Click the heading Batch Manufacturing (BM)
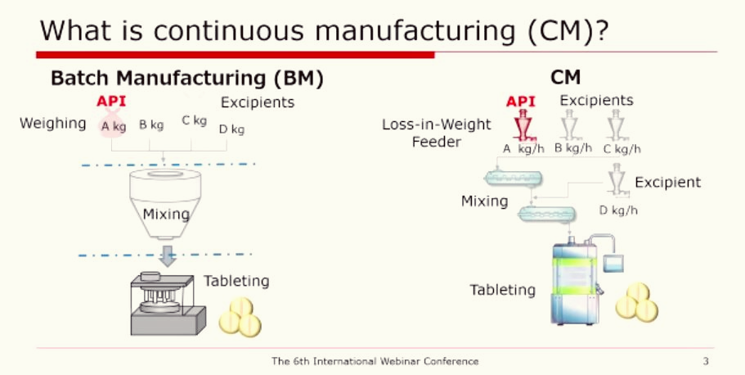pyautogui.click(x=187, y=79)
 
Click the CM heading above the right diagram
pyautogui.click(x=565, y=78)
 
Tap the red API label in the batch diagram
pyautogui.click(x=111, y=102)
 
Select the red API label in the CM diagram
pyautogui.click(x=521, y=102)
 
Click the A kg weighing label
pyautogui.click(x=113, y=126)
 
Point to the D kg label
pyautogui.click(x=231, y=129)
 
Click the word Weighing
pyautogui.click(x=53, y=124)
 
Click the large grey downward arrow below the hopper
pyautogui.click(x=168, y=256)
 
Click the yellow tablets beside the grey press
pyautogui.click(x=240, y=318)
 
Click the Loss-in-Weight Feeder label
pyautogui.click(x=436, y=133)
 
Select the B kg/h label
pyautogui.click(x=572, y=148)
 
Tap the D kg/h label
pyautogui.click(x=618, y=210)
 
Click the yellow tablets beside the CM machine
pyautogui.click(x=636, y=302)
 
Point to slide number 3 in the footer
pyautogui.click(x=706, y=361)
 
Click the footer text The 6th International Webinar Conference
pyautogui.click(x=375, y=361)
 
